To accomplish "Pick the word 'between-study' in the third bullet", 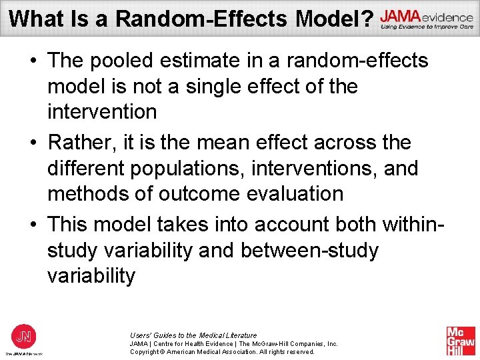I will click(x=309, y=251).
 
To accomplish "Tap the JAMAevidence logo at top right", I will click(x=427, y=19).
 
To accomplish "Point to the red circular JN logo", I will click(x=23, y=335).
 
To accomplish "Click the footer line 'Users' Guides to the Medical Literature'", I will click(x=193, y=335).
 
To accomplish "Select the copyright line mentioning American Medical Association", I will click(x=222, y=351).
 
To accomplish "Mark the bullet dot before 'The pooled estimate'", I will click(x=32, y=61).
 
